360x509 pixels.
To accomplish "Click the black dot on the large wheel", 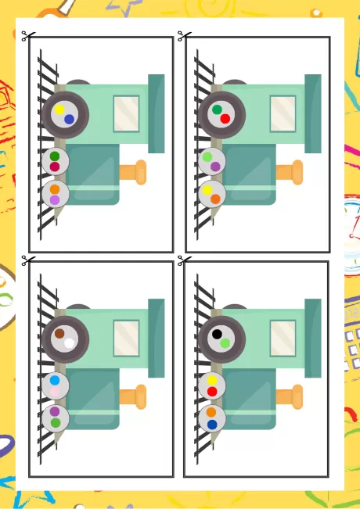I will pyautogui.click(x=217, y=334).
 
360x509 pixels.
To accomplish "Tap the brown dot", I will pyautogui.click(x=59, y=333).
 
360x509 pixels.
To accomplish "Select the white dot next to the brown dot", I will pyautogui.click(x=70, y=342).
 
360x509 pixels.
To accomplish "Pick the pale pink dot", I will pyautogui.click(x=55, y=391).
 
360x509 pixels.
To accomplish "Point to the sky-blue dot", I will pyautogui.click(x=55, y=381).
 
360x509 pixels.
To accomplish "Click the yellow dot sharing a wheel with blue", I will pyautogui.click(x=59, y=110).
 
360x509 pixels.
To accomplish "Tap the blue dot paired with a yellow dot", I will pyautogui.click(x=70, y=120).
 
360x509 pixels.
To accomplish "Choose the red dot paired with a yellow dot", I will pyautogui.click(x=212, y=391).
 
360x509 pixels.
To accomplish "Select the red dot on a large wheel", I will pyautogui.click(x=225, y=119).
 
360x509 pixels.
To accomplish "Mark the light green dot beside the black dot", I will pyautogui.click(x=225, y=343).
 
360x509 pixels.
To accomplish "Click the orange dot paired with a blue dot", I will pyautogui.click(x=211, y=412).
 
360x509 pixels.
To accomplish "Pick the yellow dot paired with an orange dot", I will pyautogui.click(x=207, y=190).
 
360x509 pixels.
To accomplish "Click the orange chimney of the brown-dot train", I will pyautogui.click(x=134, y=396).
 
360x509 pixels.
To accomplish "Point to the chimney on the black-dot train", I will pyautogui.click(x=290, y=396).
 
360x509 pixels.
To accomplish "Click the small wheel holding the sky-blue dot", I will pyautogui.click(x=56, y=385).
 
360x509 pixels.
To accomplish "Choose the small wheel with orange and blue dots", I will pyautogui.click(x=212, y=418).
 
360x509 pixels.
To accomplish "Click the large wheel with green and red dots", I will pyautogui.click(x=221, y=115).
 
